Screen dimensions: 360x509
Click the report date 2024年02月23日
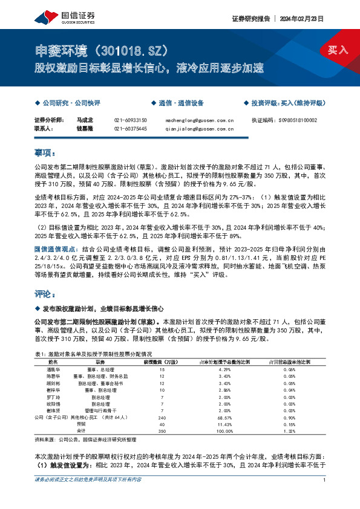tap(301, 19)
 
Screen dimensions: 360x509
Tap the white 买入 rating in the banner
tap(337, 50)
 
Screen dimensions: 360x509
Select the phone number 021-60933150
tap(130, 120)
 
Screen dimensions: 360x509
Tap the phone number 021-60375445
tap(130, 128)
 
